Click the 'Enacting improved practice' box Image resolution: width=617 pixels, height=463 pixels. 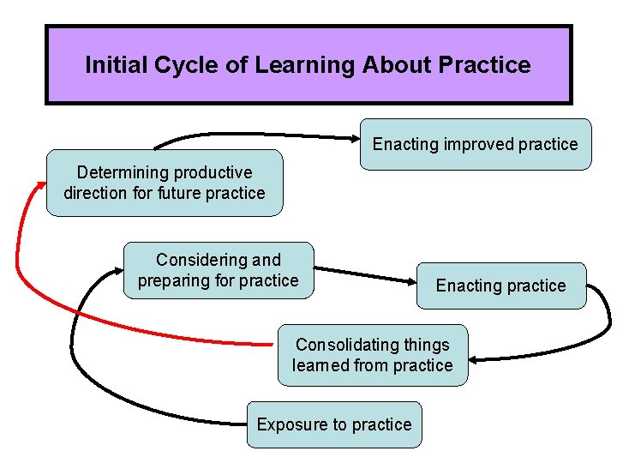tap(475, 145)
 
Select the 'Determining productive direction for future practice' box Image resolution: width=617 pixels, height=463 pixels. tap(164, 183)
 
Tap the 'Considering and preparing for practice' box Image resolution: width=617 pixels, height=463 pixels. tap(219, 270)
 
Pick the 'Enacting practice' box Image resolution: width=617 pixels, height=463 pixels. tap(500, 286)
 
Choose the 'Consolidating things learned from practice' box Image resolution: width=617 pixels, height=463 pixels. tap(373, 355)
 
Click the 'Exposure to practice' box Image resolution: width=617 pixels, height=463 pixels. tap(334, 424)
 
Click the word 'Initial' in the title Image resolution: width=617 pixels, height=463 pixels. tap(113, 65)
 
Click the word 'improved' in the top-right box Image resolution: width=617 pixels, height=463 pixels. tap(475, 145)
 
